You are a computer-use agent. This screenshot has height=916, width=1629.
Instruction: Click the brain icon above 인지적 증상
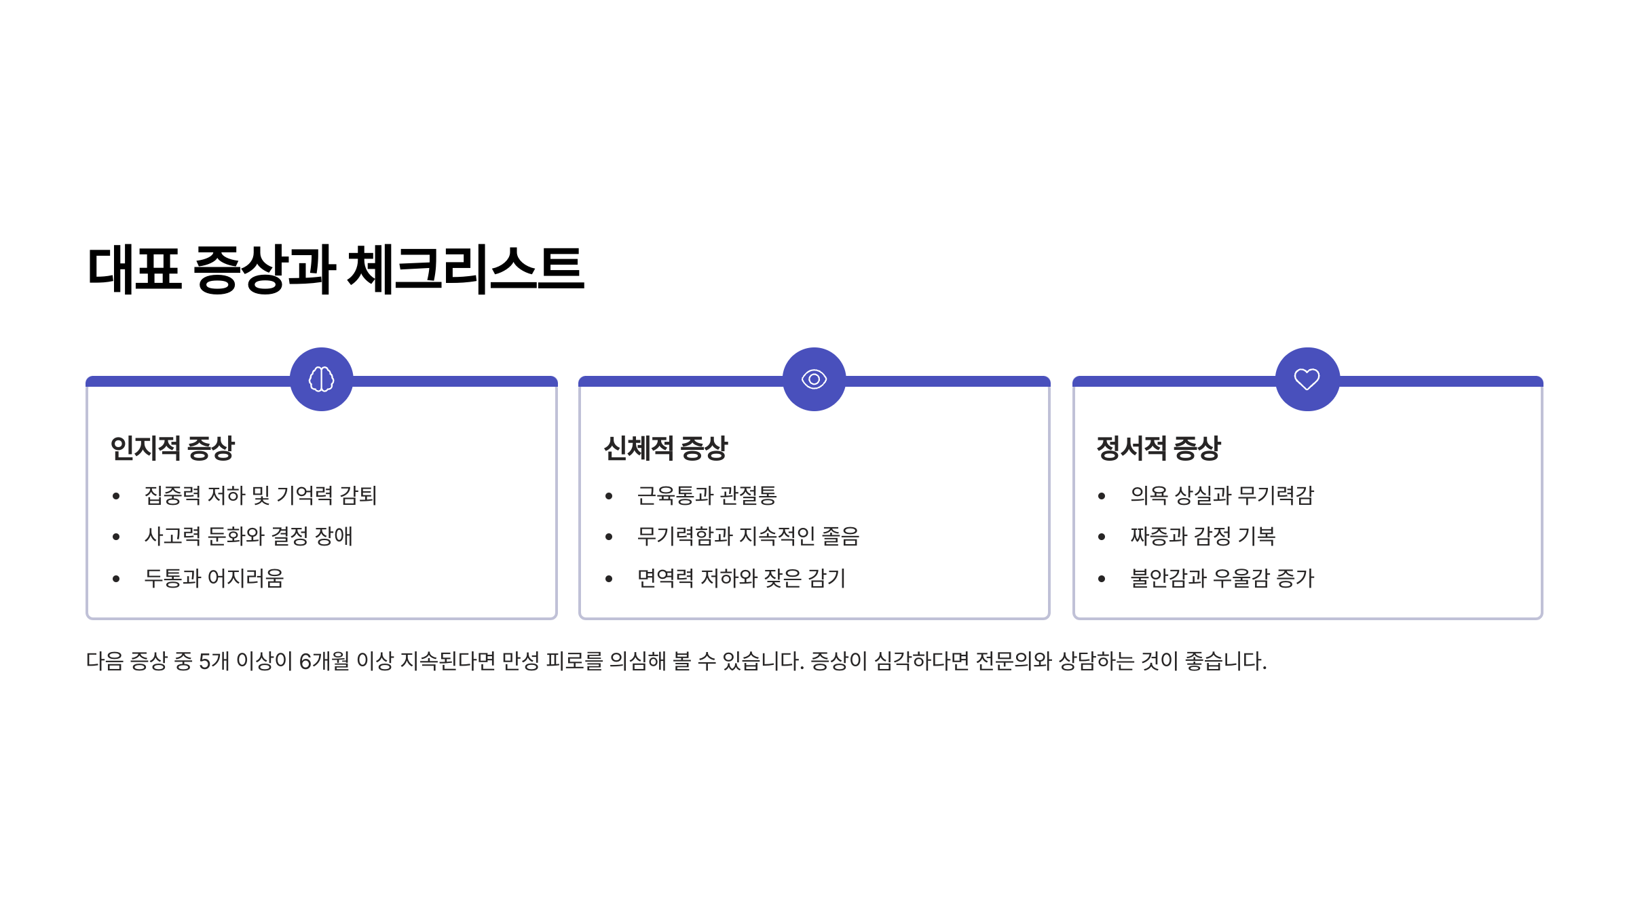coord(321,379)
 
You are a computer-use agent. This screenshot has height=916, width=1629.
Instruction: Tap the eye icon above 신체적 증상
coord(814,379)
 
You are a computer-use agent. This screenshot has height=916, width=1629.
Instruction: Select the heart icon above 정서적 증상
coord(1307,379)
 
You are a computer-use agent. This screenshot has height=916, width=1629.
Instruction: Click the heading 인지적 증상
coord(172,449)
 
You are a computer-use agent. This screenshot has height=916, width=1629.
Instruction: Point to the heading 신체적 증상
coord(665,449)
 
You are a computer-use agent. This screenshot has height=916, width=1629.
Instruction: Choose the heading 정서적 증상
coord(1158,449)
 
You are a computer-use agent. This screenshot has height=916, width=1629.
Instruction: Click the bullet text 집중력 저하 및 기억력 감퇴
coord(261,495)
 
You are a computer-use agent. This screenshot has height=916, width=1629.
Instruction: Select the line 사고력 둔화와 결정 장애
coord(248,537)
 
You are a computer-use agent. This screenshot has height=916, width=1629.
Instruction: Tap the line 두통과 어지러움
coord(214,578)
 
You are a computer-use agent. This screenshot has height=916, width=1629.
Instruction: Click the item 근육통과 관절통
coord(707,495)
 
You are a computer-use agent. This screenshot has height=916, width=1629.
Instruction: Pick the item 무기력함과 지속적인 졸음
coord(748,537)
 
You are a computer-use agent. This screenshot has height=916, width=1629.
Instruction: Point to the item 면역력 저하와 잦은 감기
coord(741,578)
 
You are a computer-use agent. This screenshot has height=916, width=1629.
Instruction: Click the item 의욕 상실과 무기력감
coord(1222,495)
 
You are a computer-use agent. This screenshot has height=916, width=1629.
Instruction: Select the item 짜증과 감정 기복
coord(1203,537)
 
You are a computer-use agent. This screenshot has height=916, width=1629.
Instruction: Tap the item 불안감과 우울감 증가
coord(1222,578)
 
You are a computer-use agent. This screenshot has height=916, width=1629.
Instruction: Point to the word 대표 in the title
coord(134,269)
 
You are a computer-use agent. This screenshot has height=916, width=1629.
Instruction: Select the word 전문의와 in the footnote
coord(1013,661)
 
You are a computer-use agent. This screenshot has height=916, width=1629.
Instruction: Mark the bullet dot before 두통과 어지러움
coord(116,579)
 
